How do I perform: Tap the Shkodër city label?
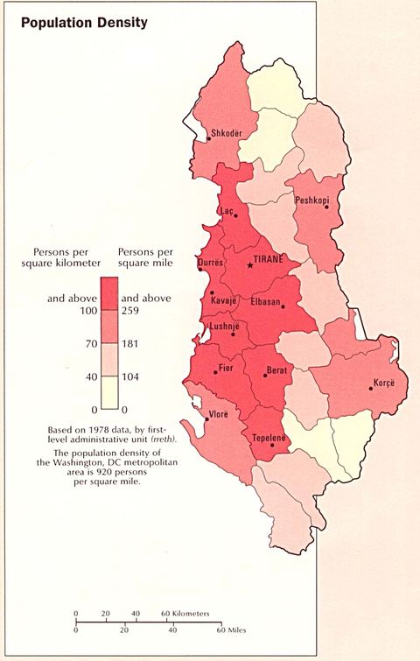pyautogui.click(x=227, y=134)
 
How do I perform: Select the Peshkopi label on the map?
pyautogui.click(x=312, y=200)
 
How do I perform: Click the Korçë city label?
pyautogui.click(x=385, y=383)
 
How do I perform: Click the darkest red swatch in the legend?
pyautogui.click(x=110, y=293)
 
